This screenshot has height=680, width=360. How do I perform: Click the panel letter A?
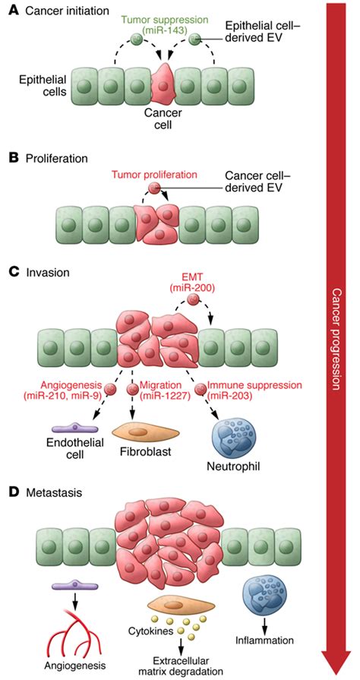(14, 11)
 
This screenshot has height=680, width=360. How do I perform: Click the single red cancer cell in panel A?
(163, 84)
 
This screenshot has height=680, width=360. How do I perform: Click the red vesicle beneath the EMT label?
(194, 299)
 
